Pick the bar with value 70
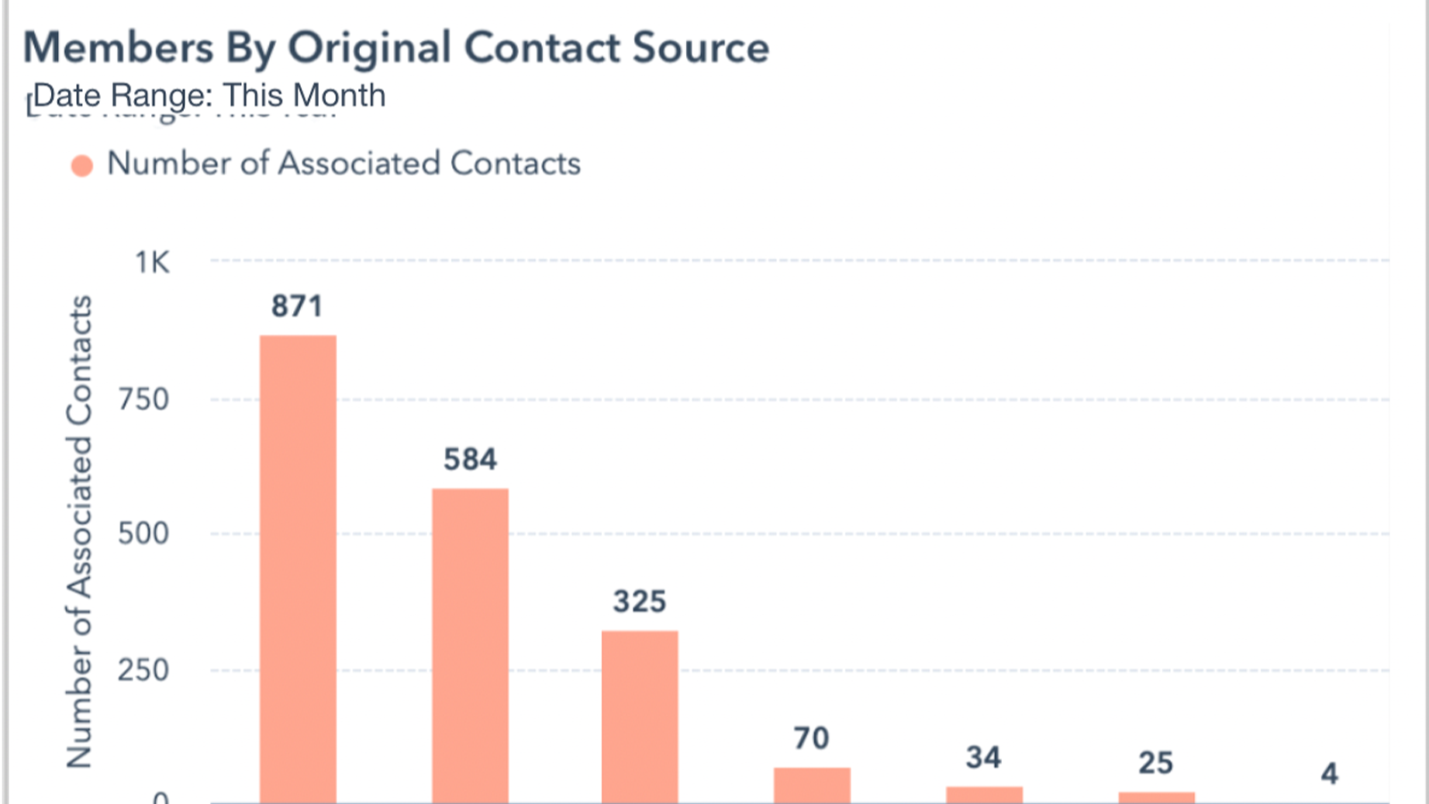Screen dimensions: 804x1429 (812, 785)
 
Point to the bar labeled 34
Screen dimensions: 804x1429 (984, 794)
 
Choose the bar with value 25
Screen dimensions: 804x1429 (1157, 797)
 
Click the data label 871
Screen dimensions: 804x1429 (297, 306)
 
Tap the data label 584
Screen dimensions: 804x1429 (471, 459)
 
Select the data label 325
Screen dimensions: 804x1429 (639, 601)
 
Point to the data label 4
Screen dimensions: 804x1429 (1329, 773)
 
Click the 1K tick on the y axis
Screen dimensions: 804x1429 (152, 263)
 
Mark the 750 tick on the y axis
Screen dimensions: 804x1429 (144, 399)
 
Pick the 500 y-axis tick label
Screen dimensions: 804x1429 (144, 534)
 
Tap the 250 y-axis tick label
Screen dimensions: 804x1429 (144, 670)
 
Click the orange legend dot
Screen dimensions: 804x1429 (82, 166)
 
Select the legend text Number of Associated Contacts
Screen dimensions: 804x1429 (344, 163)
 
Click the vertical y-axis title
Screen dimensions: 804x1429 (79, 532)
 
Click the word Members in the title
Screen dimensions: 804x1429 (118, 48)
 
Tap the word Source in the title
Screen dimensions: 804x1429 (700, 48)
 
